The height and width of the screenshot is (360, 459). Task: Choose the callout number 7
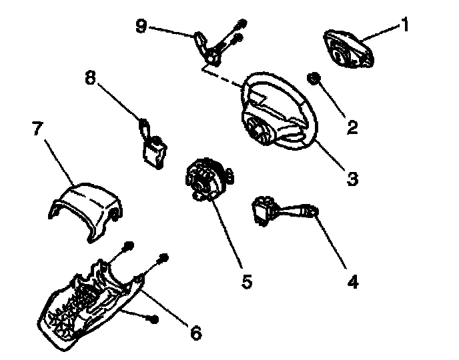pyautogui.click(x=38, y=129)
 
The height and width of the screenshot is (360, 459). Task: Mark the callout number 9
pyautogui.click(x=141, y=27)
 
